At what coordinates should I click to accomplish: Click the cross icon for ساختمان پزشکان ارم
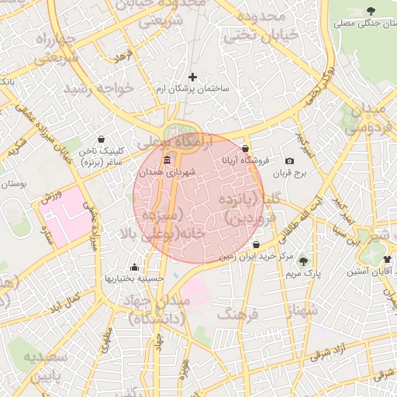pos(193,77)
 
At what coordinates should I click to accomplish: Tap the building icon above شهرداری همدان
pos(167,161)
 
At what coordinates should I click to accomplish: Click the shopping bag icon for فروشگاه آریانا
pos(246,148)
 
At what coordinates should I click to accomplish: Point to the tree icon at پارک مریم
pos(302,261)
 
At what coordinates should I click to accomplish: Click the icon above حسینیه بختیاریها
pos(136,265)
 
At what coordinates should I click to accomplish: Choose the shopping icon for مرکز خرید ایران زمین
pos(256,245)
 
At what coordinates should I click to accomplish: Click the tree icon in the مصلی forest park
pos(370,10)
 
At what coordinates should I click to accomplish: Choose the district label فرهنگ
pos(237,314)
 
